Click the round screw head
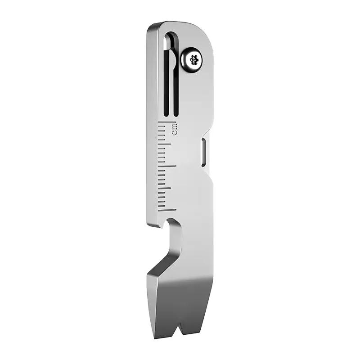point(191,60)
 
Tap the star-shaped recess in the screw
point(194,59)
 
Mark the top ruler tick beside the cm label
point(166,122)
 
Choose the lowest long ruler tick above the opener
point(167,210)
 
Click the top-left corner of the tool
point(149,26)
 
